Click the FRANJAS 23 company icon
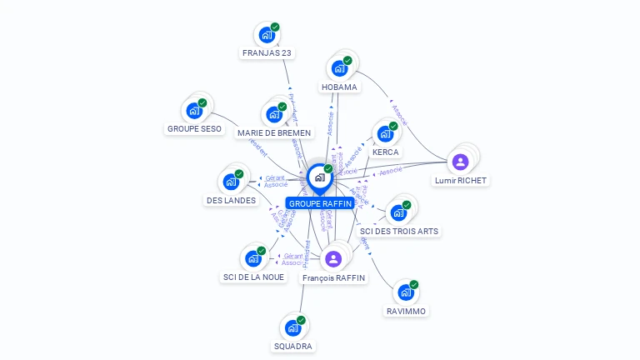click(x=266, y=36)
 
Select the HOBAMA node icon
click(x=339, y=69)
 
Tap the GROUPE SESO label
click(x=194, y=129)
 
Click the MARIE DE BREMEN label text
click(x=274, y=133)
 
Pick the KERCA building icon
click(x=385, y=133)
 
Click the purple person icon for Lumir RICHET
click(x=461, y=162)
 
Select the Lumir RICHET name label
click(x=461, y=180)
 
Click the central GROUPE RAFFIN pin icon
click(x=319, y=177)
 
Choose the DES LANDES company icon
click(x=231, y=182)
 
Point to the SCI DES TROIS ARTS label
click(x=398, y=231)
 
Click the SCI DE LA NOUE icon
click(x=253, y=258)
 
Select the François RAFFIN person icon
click(x=333, y=258)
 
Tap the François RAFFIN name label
click(x=333, y=277)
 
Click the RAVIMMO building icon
click(x=406, y=292)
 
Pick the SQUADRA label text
click(x=293, y=346)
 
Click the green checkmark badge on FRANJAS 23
click(x=275, y=27)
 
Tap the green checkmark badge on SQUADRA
click(x=302, y=319)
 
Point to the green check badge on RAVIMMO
click(x=414, y=284)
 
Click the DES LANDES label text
click(x=231, y=200)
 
